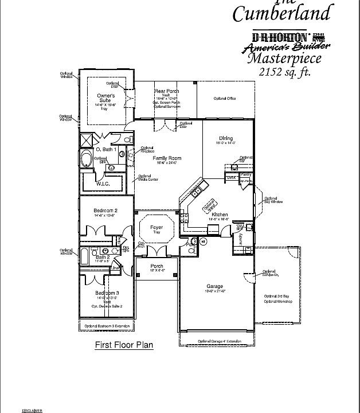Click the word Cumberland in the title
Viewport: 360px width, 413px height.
coord(281,13)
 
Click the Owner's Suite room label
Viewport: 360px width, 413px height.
coord(105,98)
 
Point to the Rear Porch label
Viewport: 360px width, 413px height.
coord(167,91)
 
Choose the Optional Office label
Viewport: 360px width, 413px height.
coord(225,99)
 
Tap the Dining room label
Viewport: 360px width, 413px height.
coord(226,138)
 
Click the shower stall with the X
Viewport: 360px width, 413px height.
coord(87,139)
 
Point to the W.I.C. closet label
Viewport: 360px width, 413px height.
coord(103,184)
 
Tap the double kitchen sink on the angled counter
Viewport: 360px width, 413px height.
coord(197,189)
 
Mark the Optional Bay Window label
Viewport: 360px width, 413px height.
coord(273,200)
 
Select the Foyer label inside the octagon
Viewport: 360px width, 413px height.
coord(156,228)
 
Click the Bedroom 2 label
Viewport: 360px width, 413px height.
coord(105,211)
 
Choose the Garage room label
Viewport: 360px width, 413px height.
coord(215,286)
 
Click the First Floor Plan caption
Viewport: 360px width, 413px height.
coord(124,345)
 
